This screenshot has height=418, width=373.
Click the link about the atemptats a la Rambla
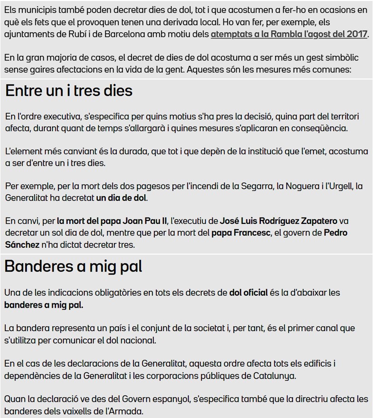(289, 35)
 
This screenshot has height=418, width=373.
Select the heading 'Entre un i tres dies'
(69, 91)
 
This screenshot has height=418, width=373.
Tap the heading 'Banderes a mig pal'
(73, 266)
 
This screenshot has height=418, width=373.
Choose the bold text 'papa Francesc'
(238, 233)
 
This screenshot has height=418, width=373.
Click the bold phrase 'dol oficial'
(248, 293)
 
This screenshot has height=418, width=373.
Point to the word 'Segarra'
(268, 186)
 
